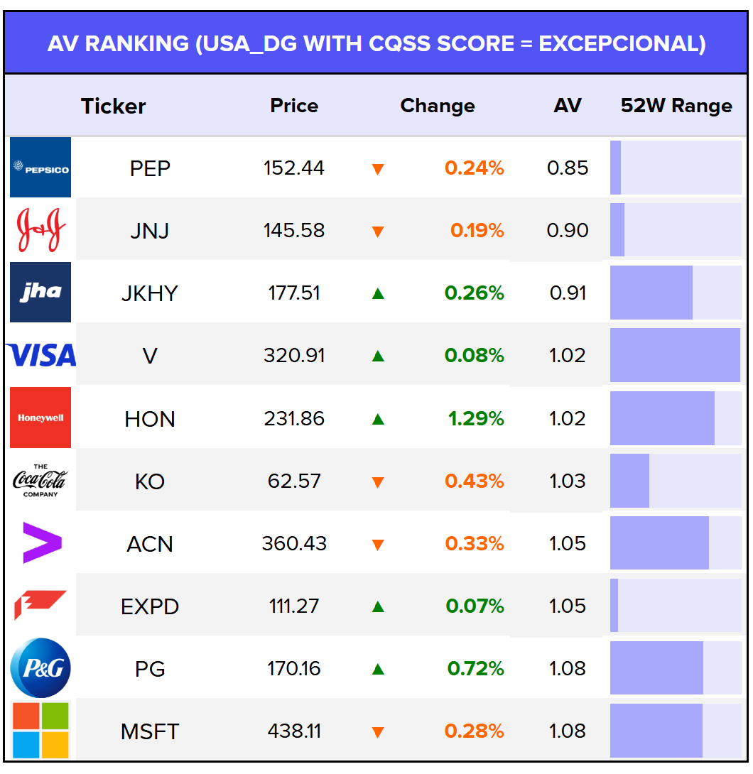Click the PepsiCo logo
coord(40,168)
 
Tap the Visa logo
coord(40,355)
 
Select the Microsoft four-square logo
coord(40,730)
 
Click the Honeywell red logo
coord(40,418)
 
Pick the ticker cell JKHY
coord(150,293)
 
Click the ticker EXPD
coord(150,606)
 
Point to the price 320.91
coord(294,355)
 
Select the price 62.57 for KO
coord(294,481)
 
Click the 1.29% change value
coord(476,418)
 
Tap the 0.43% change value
coord(475,481)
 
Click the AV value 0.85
coord(568,168)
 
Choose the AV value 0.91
coord(568,293)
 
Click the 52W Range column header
coord(676,106)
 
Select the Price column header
coord(294,106)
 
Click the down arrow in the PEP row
coord(378,169)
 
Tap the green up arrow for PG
coord(378,668)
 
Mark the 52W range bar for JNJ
coord(675,230)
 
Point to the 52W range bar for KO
coord(675,481)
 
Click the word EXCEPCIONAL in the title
coord(622,43)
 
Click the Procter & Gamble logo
coord(40,667)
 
